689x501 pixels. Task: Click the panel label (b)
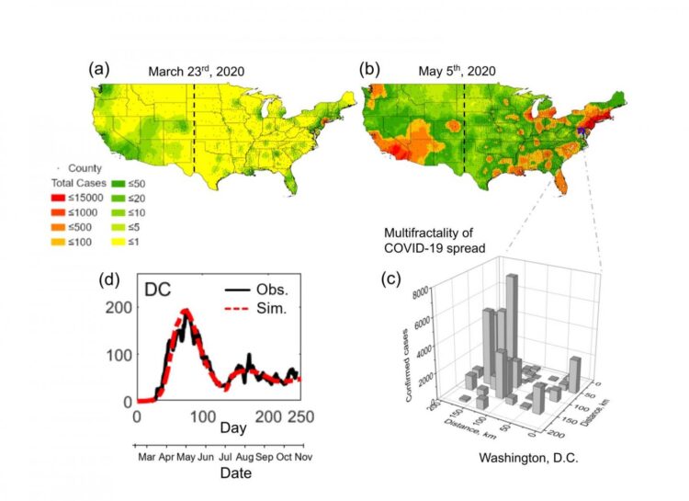click(x=368, y=69)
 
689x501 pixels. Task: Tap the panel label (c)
click(x=393, y=279)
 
